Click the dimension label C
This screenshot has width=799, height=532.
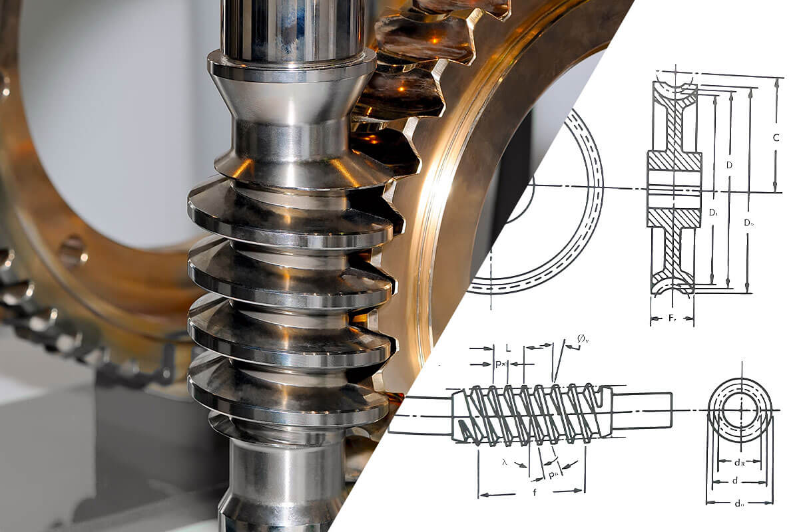[x=776, y=138]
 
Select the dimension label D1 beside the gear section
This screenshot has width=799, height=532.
[x=712, y=213]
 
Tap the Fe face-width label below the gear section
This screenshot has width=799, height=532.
[x=673, y=319]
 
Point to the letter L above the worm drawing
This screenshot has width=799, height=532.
[x=508, y=348]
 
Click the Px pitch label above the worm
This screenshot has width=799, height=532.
[x=501, y=364]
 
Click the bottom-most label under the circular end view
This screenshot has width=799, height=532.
[x=739, y=503]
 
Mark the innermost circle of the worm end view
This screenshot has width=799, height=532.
[x=739, y=410]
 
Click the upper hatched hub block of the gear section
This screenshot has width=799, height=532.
[x=674, y=161]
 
